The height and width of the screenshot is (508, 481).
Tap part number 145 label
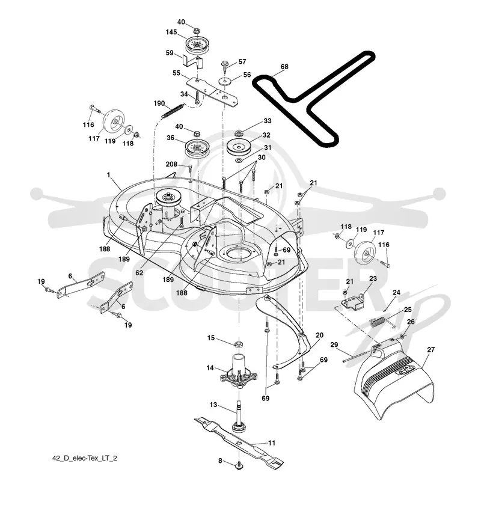click(x=171, y=32)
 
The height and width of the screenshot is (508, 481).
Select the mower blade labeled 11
click(x=239, y=442)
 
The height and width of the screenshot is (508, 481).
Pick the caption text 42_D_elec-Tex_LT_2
click(x=85, y=458)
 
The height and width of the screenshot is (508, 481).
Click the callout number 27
click(x=430, y=349)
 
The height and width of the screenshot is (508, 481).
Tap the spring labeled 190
click(x=173, y=111)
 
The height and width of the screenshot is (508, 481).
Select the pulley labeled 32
click(x=239, y=147)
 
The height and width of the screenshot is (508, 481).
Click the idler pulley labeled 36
click(x=197, y=148)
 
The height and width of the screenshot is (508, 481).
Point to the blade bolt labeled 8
click(x=239, y=466)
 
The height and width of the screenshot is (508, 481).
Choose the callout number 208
click(x=171, y=164)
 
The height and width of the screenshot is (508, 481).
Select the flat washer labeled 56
click(x=224, y=81)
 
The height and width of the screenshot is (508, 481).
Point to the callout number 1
click(x=109, y=174)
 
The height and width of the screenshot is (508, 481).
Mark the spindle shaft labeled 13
click(x=240, y=415)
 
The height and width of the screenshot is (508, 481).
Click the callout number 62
click(x=139, y=273)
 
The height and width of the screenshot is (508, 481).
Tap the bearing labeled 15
click(x=239, y=343)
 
